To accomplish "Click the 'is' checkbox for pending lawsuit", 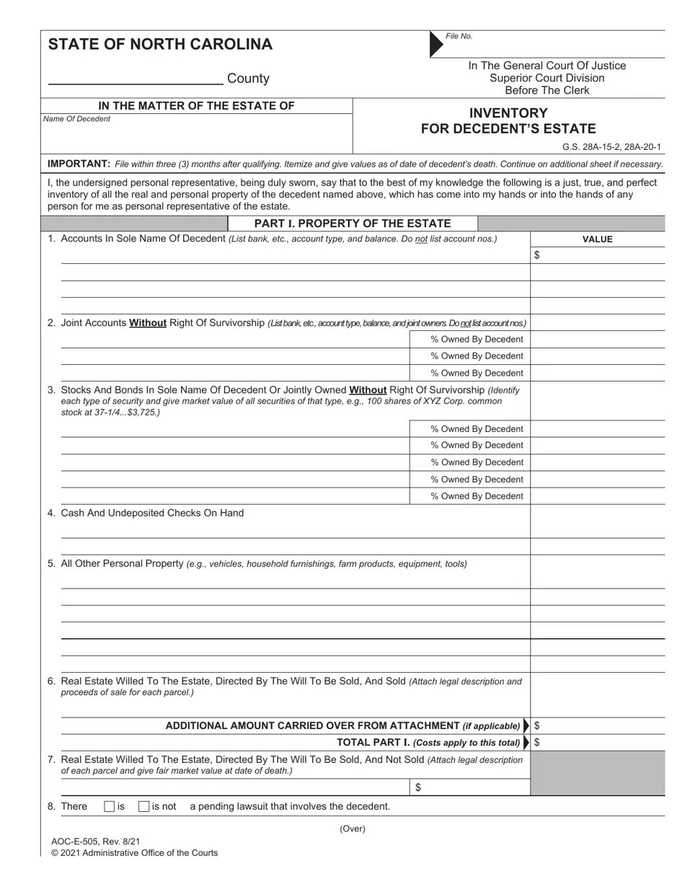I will point(109,806).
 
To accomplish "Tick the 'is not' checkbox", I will point(143,806).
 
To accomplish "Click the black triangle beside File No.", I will point(436,44).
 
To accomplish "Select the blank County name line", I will point(135,78).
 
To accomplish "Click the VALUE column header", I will point(597,239).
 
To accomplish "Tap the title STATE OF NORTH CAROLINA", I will point(160,45).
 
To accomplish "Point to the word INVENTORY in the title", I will point(508,113).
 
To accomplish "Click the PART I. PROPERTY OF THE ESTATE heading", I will point(353,224).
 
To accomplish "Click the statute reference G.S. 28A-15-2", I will point(593,147).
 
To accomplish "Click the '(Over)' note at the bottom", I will point(353,829).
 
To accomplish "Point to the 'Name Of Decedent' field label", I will point(76,119).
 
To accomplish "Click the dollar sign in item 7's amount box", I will point(418,787).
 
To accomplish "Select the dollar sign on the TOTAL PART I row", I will point(537,742).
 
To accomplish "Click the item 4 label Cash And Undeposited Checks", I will point(152,513).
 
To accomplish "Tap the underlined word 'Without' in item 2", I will point(148,323).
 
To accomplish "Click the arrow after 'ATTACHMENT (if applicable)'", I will point(526,725).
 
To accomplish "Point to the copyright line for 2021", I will point(134,853).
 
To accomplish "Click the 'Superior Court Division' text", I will point(547,78).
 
